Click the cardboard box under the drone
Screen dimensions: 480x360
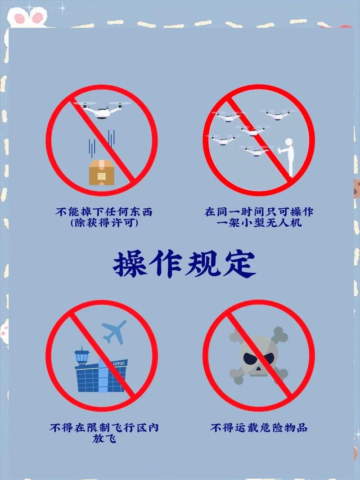(101, 172)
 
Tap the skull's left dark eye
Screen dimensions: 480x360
(250, 359)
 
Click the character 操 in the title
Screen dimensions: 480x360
(130, 264)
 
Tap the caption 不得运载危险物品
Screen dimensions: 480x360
(259, 427)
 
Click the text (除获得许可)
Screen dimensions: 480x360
(103, 223)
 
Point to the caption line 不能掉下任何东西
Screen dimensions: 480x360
(104, 211)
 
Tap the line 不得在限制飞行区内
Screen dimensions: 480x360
(104, 427)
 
